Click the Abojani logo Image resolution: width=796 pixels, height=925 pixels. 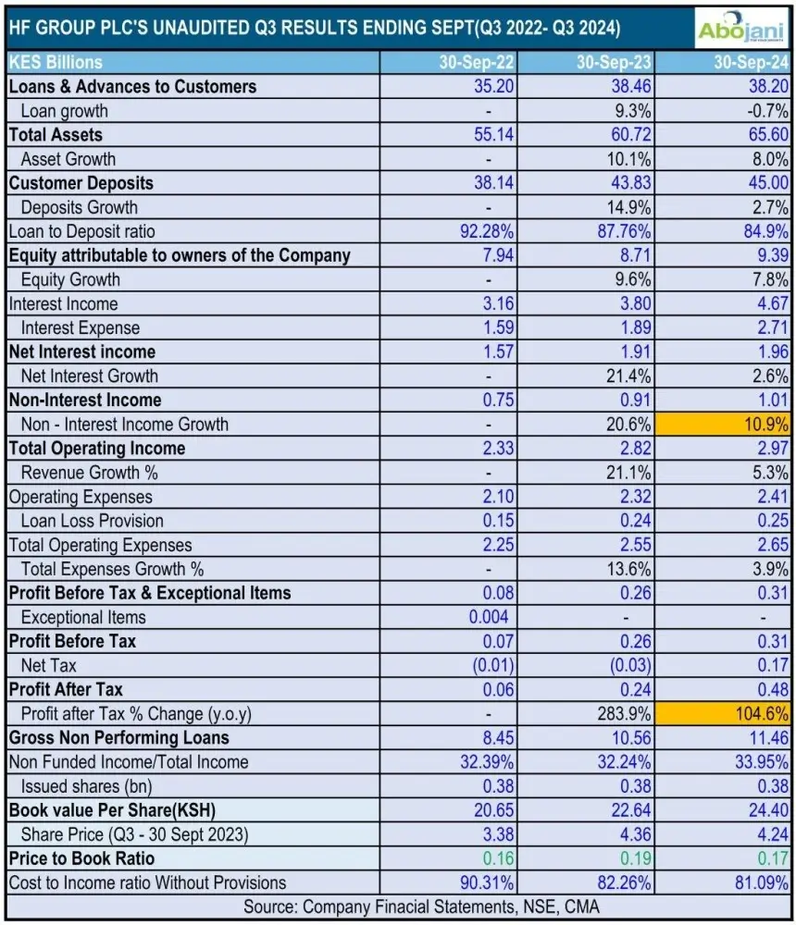[x=740, y=27]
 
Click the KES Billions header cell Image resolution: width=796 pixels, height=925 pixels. [x=56, y=63]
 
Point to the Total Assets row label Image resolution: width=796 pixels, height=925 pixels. [x=56, y=135]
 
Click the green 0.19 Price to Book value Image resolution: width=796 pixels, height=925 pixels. [x=634, y=858]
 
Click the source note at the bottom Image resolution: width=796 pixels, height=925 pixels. [x=398, y=907]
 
